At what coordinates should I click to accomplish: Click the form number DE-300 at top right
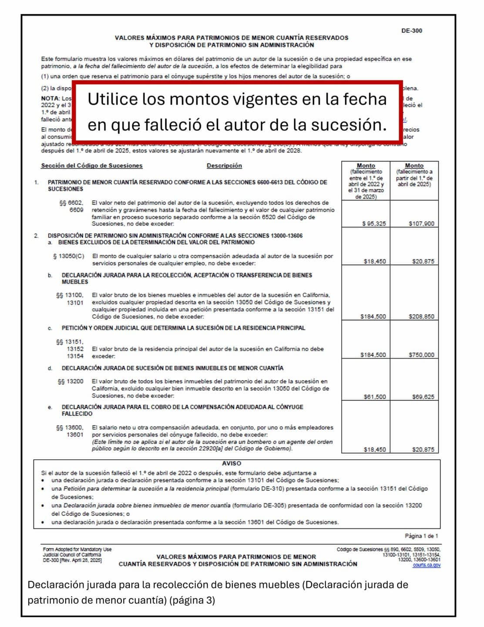click(x=411, y=31)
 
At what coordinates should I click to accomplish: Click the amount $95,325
click(x=374, y=224)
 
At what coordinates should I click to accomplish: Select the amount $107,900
click(x=421, y=224)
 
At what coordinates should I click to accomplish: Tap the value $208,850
click(x=421, y=316)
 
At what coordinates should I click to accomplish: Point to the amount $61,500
click(x=374, y=397)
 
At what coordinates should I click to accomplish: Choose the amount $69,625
click(x=423, y=397)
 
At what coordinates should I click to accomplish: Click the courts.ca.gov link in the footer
click(x=427, y=565)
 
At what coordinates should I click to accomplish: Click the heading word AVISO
click(x=231, y=463)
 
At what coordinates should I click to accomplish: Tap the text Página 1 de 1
click(x=421, y=536)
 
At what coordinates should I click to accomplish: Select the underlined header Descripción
click(x=224, y=166)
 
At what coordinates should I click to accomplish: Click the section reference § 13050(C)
click(x=68, y=256)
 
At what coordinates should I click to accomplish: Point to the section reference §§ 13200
click(x=71, y=381)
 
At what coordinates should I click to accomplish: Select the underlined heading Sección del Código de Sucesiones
click(x=92, y=166)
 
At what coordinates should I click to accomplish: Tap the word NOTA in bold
click(x=50, y=98)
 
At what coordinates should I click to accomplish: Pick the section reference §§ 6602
click(x=71, y=203)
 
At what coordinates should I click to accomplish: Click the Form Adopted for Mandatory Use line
click(x=77, y=549)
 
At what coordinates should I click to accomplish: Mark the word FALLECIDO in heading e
click(x=77, y=413)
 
